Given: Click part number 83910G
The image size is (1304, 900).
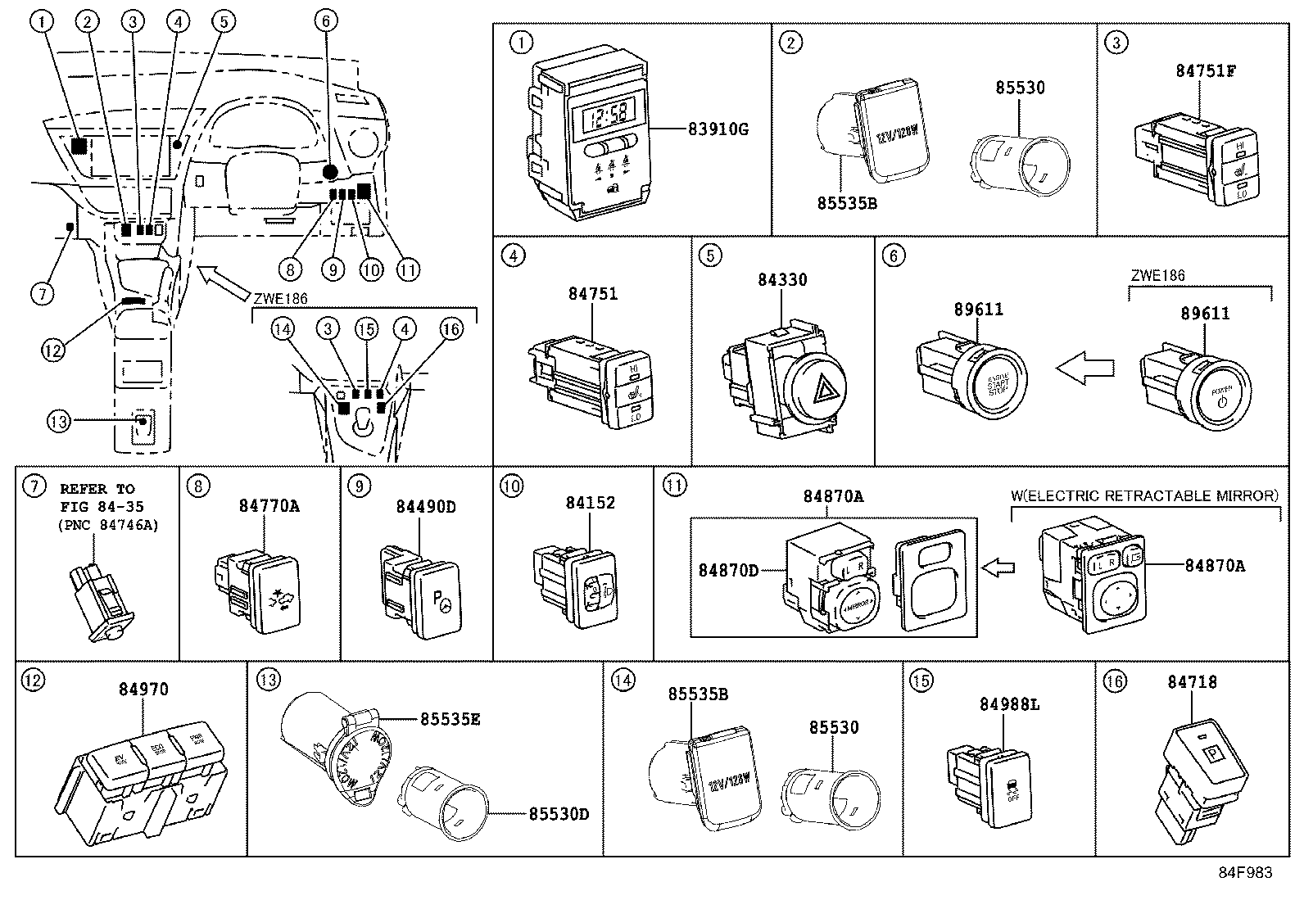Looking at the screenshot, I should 718,129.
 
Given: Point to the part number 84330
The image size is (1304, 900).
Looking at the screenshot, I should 781,280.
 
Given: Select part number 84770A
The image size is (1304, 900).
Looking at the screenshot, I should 269,506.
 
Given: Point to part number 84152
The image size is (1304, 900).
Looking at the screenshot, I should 590,503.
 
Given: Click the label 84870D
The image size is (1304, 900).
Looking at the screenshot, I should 728,569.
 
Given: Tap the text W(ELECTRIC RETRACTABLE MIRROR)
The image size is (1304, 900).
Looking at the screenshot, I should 1144,495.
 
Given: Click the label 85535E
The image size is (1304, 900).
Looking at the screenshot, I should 450,719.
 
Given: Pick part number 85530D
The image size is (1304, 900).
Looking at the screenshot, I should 559,814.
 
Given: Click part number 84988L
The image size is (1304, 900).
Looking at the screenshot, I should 1009,704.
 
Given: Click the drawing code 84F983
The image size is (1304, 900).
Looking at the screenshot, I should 1244,873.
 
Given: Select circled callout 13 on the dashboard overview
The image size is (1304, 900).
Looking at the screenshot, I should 59,422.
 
